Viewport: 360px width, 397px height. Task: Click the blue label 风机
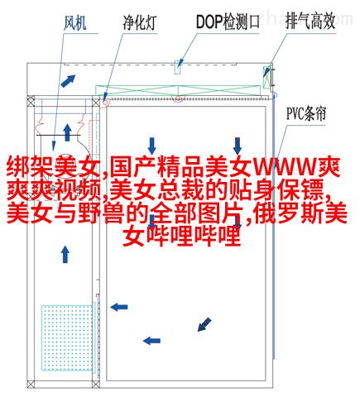click(74, 22)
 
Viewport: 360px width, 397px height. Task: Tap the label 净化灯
click(139, 22)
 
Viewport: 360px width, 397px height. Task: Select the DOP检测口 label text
click(228, 22)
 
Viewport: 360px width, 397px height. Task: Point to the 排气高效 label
click(310, 22)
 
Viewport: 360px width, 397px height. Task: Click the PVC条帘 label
click(306, 113)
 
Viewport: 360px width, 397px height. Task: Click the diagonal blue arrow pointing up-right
click(68, 81)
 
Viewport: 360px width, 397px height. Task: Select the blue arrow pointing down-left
click(204, 324)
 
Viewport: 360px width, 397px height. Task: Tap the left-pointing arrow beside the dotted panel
click(119, 307)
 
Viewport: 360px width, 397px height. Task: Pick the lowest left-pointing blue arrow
click(151, 341)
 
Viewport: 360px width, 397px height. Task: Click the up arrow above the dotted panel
click(65, 254)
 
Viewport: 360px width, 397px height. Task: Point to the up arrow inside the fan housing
click(67, 132)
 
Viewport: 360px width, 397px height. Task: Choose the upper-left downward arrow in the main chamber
click(151, 146)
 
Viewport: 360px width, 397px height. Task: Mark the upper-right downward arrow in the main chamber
click(238, 146)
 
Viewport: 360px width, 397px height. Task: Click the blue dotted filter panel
click(67, 337)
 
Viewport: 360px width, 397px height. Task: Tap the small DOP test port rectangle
click(178, 67)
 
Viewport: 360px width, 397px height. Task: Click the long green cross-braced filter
click(178, 90)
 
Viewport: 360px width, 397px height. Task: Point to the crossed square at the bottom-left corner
click(31, 384)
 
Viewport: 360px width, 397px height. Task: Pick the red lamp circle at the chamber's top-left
click(105, 101)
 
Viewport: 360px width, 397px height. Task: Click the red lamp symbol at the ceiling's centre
click(178, 98)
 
